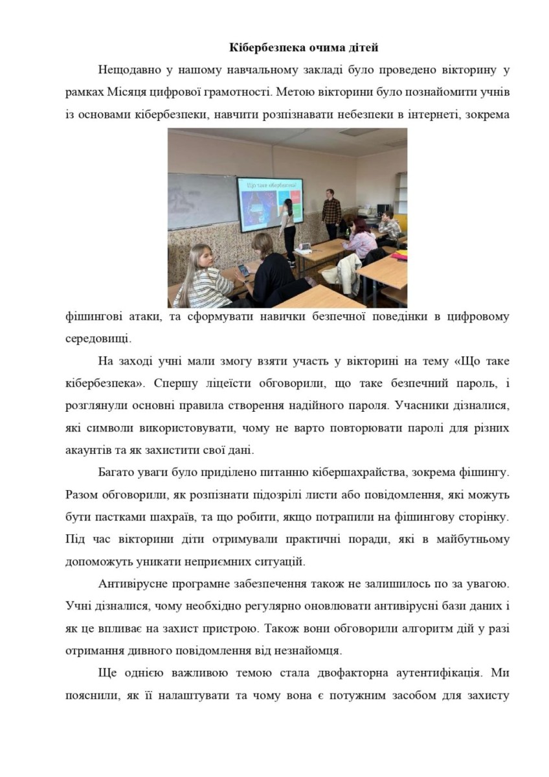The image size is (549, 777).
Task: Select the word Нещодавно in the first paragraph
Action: coord(130,70)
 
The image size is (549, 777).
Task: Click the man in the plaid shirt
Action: coord(331,210)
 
